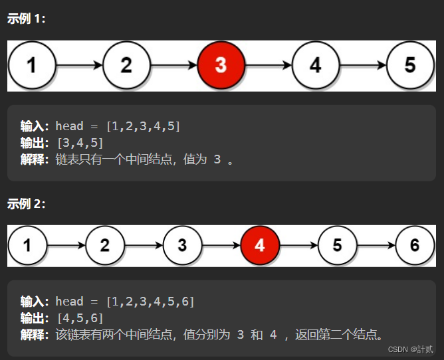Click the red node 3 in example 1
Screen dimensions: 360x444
(x=221, y=65)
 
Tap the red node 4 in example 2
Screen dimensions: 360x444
(x=260, y=245)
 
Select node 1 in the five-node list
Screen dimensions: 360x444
(x=31, y=65)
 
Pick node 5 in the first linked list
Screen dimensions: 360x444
(x=410, y=65)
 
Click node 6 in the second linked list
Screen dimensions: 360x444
(x=415, y=245)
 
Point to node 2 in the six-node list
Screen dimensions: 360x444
(x=104, y=245)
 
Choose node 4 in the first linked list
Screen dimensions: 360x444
(x=316, y=65)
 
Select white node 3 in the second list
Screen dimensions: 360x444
(x=182, y=245)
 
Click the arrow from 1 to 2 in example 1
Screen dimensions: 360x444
(x=79, y=66)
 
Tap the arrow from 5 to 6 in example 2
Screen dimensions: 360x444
(x=376, y=245)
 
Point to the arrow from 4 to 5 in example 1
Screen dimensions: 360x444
(x=363, y=66)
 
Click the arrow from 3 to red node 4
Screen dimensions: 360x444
(x=221, y=245)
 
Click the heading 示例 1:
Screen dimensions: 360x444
(x=27, y=19)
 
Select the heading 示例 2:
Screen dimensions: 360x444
(x=27, y=204)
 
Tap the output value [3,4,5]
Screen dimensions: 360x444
(x=80, y=142)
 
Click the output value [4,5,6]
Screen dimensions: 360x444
(x=80, y=317)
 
